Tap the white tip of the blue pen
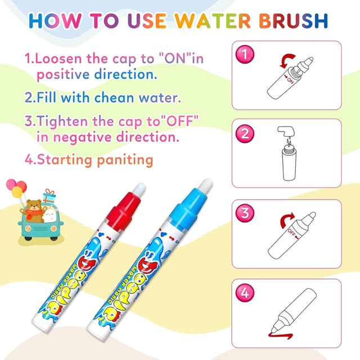[x=206, y=185]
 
